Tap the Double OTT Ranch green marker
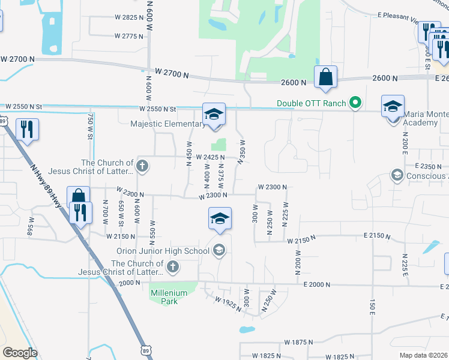pos(355,103)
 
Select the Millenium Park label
pos(169,297)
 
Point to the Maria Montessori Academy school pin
pos(393,107)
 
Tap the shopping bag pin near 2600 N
pos(325,78)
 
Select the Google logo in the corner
pos(19,353)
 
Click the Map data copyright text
pos(424,355)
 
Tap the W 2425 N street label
pos(210,157)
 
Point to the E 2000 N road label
pos(317,285)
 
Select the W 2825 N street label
pos(128,17)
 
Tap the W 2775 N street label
pos(128,37)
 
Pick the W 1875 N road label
pos(295,343)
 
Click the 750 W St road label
pos(90,127)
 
